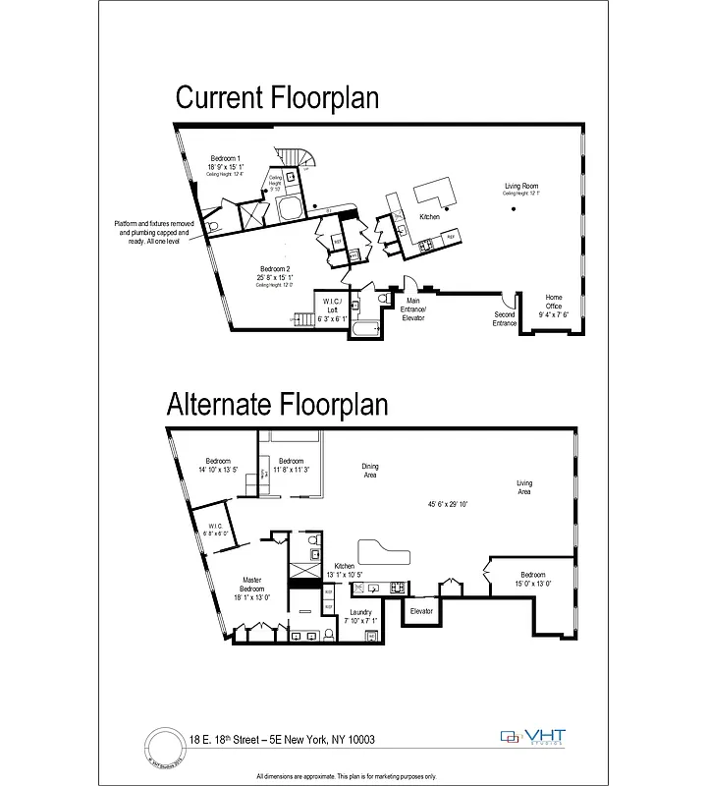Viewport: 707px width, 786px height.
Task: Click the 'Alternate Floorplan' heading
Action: coord(277,404)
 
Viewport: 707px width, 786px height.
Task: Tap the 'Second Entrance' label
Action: coord(504,318)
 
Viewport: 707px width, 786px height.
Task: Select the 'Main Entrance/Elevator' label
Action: coord(413,309)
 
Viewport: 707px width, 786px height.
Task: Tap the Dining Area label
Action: coord(370,470)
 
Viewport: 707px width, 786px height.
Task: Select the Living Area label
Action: coord(524,486)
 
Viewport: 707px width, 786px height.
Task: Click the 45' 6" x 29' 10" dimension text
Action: coord(448,504)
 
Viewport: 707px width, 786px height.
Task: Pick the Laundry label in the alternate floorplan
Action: coord(360,616)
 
